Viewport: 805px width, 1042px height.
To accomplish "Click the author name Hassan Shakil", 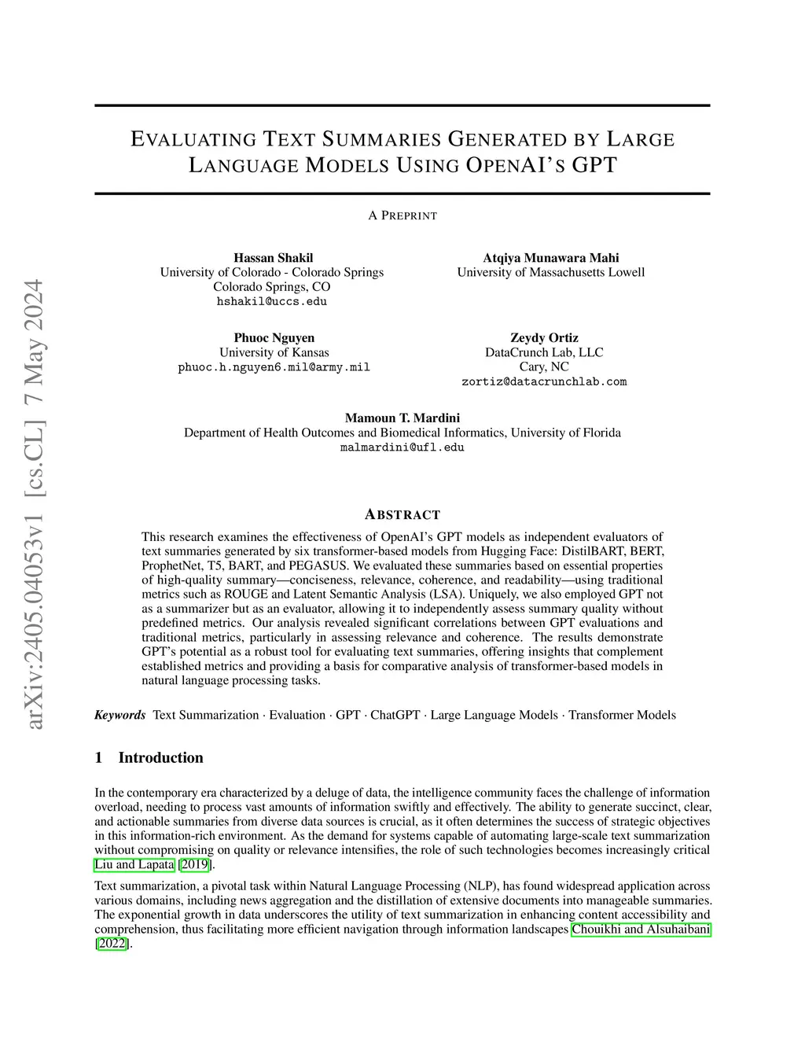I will (x=273, y=258).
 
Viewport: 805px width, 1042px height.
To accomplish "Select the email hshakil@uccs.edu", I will (x=272, y=301).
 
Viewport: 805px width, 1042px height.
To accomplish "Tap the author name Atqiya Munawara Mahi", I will (x=550, y=258).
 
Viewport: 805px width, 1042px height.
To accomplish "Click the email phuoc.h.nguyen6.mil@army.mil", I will (x=274, y=367).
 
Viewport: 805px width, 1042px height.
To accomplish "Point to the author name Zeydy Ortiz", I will (x=544, y=338).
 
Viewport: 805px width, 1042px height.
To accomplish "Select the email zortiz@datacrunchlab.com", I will (x=544, y=381).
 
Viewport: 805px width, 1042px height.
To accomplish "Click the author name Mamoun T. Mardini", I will (x=402, y=418).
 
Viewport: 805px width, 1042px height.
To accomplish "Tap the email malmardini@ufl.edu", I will (x=402, y=447).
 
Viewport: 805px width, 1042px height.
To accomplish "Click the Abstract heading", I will (x=402, y=515).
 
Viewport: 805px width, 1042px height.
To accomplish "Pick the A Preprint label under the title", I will (x=402, y=215).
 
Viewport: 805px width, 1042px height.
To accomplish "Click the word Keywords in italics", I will (x=120, y=715).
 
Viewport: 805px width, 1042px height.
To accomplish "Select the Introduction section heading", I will (x=160, y=757).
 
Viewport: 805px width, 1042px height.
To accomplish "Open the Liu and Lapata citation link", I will (x=134, y=864).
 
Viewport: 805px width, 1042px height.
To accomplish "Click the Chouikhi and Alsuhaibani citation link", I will (x=641, y=929).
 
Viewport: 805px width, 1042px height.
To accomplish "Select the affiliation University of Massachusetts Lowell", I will (x=550, y=272).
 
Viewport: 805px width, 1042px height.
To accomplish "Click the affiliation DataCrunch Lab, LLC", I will (x=544, y=352).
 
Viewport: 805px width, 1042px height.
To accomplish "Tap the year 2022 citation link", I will (x=112, y=944).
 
